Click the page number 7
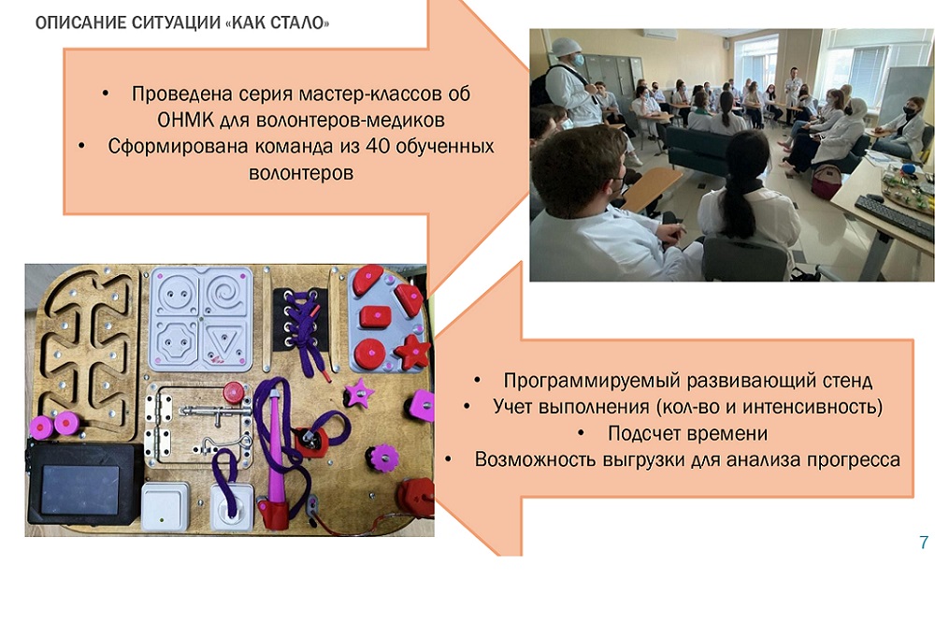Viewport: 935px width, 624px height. tap(924, 542)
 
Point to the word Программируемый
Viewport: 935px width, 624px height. tap(592, 381)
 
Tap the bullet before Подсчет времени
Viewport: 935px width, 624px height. tap(582, 433)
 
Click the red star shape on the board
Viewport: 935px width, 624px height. tap(412, 351)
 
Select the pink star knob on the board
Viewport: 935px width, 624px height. tap(359, 393)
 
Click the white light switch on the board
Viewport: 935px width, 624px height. tap(164, 506)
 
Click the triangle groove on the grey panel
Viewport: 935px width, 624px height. tap(224, 341)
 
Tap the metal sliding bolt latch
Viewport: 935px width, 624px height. tap(216, 411)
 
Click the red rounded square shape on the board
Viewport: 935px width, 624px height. tap(375, 316)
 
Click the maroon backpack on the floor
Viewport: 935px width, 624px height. tap(826, 181)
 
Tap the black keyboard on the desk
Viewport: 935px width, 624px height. tap(895, 218)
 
